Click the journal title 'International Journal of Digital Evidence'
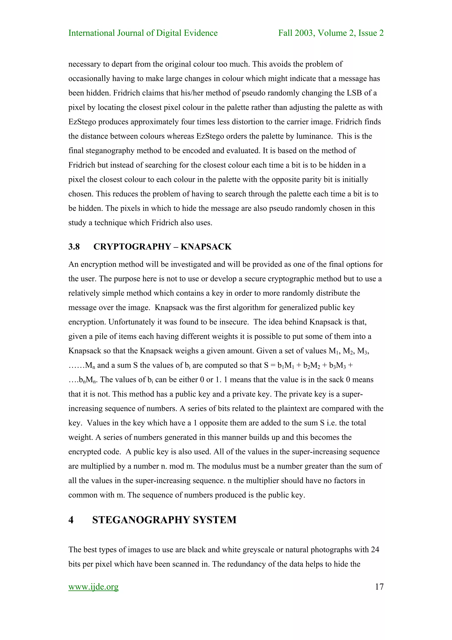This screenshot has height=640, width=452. click(x=143, y=33)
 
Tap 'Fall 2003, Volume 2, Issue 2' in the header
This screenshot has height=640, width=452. click(x=331, y=33)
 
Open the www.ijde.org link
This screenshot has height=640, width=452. click(x=93, y=587)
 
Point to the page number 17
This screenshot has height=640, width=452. click(x=379, y=587)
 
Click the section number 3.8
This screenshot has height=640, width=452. click(x=74, y=247)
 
